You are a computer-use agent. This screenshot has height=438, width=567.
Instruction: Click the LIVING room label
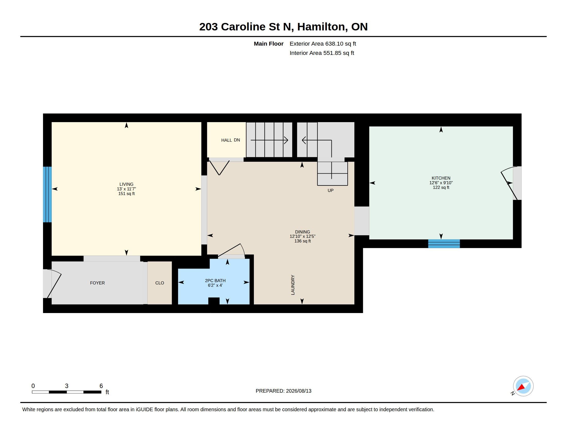(127, 184)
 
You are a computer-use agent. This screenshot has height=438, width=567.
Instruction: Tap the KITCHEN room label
(441, 178)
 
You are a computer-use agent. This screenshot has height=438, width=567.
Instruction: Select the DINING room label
(303, 232)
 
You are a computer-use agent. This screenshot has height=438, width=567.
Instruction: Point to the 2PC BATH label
(215, 281)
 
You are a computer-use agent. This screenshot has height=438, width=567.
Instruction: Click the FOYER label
(97, 283)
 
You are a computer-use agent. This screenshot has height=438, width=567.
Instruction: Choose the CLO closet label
(160, 283)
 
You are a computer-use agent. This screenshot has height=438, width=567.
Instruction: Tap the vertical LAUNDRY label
(293, 285)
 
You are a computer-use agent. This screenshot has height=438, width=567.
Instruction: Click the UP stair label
(330, 190)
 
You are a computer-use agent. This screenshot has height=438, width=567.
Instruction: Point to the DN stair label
(237, 140)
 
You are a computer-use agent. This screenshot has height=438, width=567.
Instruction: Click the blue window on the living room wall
(47, 194)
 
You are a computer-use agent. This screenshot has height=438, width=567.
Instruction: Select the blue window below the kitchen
(444, 244)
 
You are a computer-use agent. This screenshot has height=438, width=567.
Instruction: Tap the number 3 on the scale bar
(67, 386)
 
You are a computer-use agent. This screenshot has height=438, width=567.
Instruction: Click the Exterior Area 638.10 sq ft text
(323, 44)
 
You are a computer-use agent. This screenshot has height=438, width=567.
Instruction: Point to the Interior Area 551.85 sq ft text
(322, 53)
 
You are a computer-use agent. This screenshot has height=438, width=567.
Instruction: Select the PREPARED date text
(283, 391)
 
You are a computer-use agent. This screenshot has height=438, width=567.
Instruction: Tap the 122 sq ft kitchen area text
(441, 187)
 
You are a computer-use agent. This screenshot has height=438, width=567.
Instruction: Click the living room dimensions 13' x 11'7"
(127, 189)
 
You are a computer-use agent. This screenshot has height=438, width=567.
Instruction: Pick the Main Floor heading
(269, 44)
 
